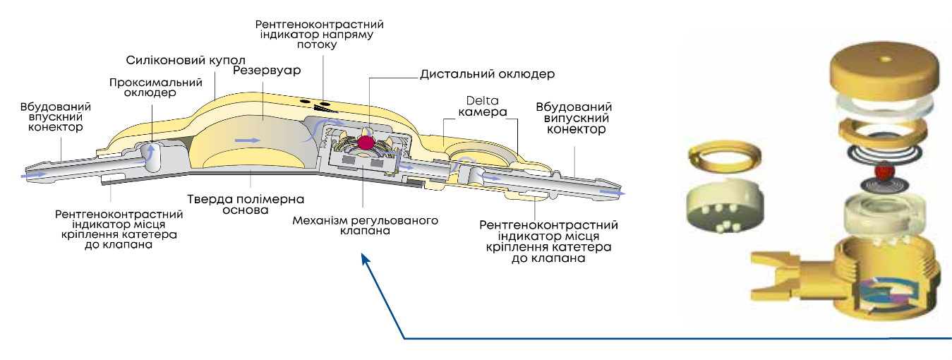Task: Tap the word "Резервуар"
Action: click(267, 71)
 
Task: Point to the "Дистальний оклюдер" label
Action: click(488, 73)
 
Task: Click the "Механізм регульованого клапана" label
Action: click(366, 225)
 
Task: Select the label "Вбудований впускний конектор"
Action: click(56, 117)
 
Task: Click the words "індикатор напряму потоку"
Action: click(324, 39)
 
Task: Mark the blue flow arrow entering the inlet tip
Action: click(35, 172)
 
